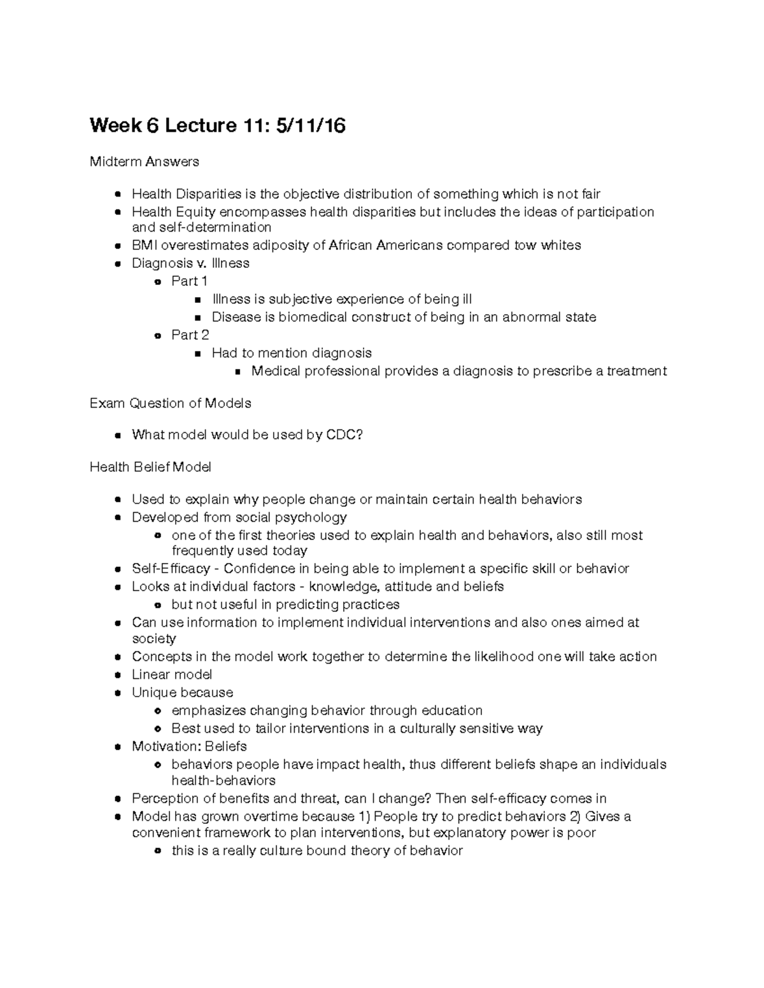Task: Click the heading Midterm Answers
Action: (x=144, y=162)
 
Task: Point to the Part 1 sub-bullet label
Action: (x=190, y=281)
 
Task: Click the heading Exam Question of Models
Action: (x=170, y=403)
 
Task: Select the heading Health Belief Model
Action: (x=150, y=467)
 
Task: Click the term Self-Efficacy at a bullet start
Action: (x=171, y=569)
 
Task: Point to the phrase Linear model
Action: (x=172, y=674)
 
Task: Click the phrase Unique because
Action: (x=182, y=692)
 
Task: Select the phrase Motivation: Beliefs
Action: (x=189, y=746)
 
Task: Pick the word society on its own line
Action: (x=153, y=639)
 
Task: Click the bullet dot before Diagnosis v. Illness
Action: (x=117, y=263)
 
